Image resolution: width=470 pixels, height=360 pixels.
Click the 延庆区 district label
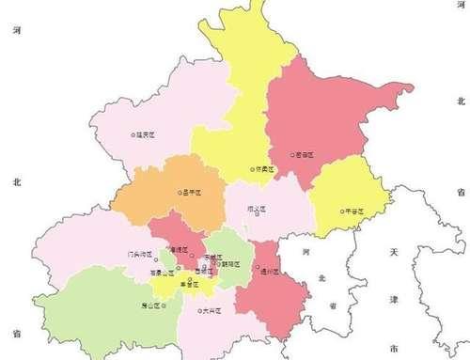click(x=145, y=135)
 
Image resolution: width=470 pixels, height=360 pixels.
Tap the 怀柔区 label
click(x=265, y=169)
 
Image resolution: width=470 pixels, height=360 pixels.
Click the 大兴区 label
click(x=211, y=309)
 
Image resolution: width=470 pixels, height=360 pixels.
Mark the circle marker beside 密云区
click(x=288, y=150)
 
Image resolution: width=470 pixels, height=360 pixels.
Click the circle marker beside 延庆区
click(x=133, y=135)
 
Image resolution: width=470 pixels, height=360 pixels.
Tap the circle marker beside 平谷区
click(x=343, y=212)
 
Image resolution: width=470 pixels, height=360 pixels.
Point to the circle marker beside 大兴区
click(x=198, y=309)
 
